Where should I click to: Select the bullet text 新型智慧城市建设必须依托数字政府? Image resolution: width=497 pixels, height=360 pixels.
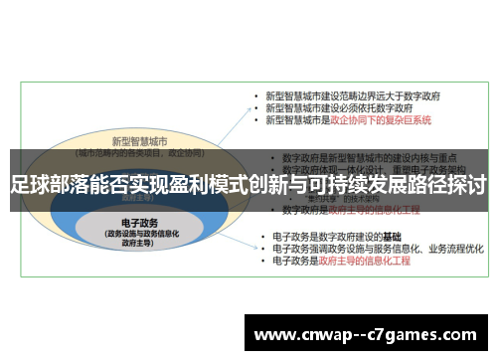point(332,107)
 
